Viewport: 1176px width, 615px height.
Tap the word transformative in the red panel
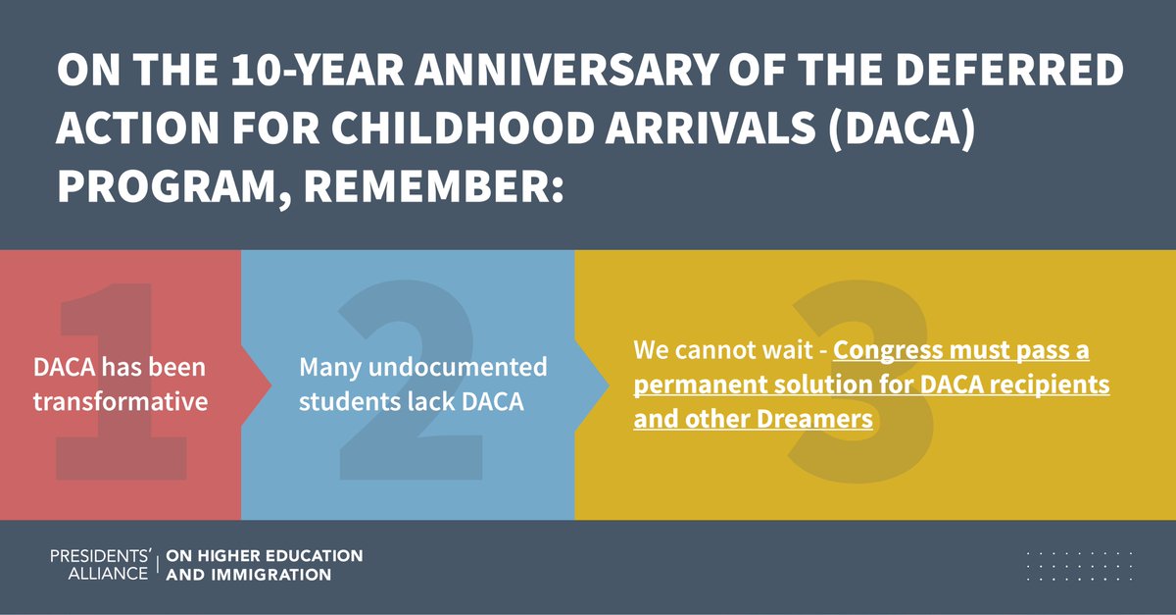(x=121, y=401)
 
